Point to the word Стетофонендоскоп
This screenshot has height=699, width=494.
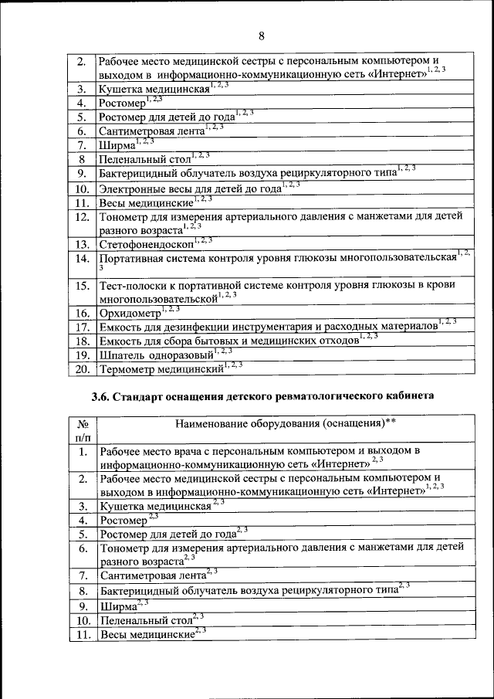click(x=146, y=245)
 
